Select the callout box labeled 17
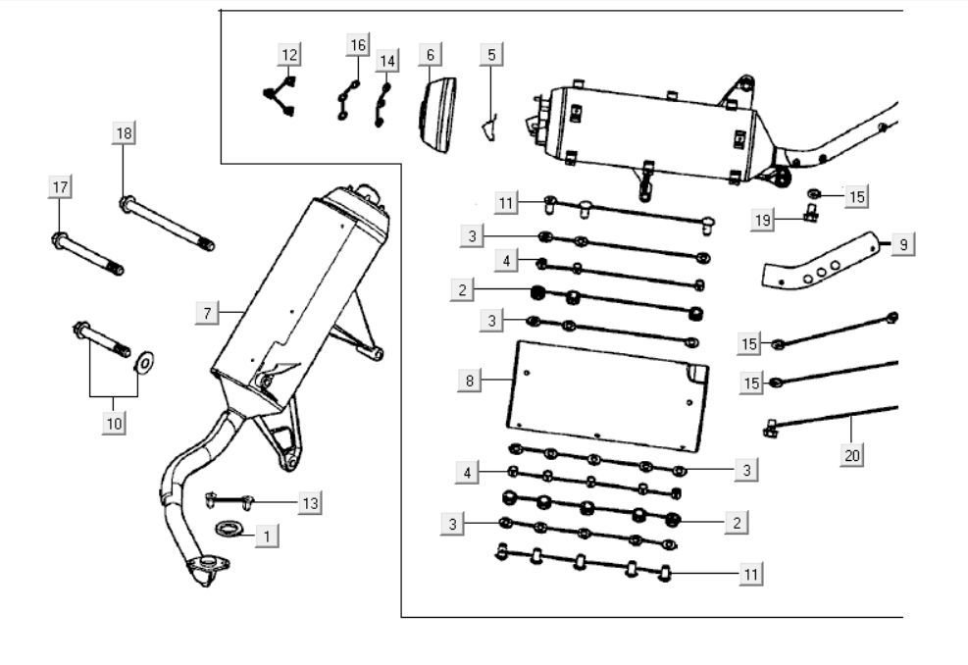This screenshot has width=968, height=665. point(61,186)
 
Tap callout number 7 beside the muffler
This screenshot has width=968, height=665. point(208,313)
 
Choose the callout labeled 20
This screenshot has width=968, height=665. point(852,455)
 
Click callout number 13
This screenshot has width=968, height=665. point(310,503)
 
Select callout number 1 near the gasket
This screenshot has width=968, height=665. point(265,536)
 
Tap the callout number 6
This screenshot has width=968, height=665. point(429,55)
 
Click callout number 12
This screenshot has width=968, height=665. point(289,54)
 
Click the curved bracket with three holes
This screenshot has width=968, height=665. point(825,262)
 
